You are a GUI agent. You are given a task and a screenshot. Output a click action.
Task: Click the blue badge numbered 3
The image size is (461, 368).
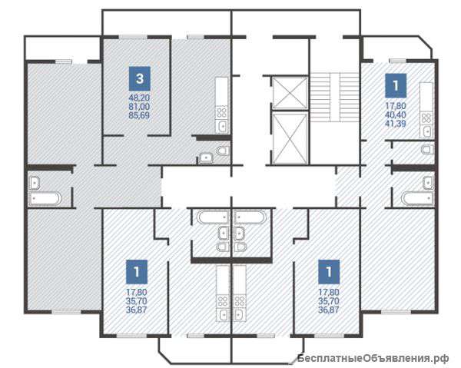[x=140, y=78]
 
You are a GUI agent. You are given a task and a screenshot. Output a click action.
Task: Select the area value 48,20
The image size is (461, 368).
[x=139, y=98]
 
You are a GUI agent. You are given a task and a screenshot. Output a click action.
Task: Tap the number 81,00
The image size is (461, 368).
[x=139, y=106]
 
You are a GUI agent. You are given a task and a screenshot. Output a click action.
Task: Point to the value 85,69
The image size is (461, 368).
[x=139, y=115]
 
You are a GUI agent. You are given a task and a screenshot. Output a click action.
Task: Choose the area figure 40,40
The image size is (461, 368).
[x=396, y=114]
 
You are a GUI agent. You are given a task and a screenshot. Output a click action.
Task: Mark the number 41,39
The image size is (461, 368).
[x=396, y=123]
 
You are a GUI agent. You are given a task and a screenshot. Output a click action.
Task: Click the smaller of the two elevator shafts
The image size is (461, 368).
[x=290, y=93]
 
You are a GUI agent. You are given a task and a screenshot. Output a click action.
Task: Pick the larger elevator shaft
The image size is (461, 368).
[x=290, y=138]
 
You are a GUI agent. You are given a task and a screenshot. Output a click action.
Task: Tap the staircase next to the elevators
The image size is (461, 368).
[x=335, y=98]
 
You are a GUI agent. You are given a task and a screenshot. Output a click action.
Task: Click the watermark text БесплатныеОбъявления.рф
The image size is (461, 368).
[x=373, y=358]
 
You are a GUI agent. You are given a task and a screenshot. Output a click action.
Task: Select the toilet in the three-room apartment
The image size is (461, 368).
[x=223, y=151]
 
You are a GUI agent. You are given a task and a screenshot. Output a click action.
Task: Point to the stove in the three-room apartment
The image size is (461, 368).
[x=222, y=113]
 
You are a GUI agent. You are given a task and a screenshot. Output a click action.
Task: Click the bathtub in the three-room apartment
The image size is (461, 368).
[x=45, y=198]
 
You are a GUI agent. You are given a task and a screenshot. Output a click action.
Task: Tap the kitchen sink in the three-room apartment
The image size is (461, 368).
[x=222, y=127]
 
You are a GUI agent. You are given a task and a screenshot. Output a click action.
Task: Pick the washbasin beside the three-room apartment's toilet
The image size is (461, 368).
[x=207, y=157]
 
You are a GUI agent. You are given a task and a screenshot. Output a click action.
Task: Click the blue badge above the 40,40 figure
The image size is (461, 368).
[x=396, y=85]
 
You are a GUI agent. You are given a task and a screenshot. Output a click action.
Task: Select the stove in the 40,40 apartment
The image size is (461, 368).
[x=426, y=118]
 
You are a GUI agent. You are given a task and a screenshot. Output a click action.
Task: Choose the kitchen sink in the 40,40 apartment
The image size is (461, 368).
[x=427, y=131]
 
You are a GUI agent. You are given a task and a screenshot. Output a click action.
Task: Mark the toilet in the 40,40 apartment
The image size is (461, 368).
[x=428, y=149]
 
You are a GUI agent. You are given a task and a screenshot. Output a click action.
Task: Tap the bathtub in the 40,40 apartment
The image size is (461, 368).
[x=417, y=197]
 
